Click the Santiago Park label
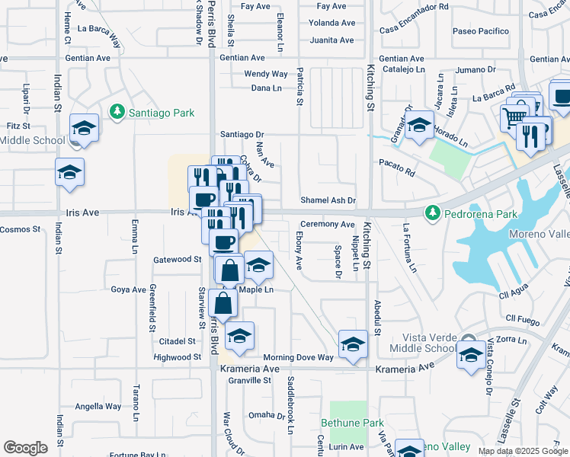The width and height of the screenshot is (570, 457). click(161, 113)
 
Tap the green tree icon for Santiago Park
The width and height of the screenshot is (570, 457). click(117, 113)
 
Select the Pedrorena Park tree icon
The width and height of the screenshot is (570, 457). click(433, 211)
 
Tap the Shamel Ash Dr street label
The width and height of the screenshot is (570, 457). click(328, 200)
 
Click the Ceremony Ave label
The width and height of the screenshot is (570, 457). click(327, 225)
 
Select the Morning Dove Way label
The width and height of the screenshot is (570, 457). click(298, 357)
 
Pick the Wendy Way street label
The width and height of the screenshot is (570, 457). click(265, 74)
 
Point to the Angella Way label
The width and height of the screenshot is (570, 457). click(98, 406)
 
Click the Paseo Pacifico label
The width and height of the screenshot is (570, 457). click(480, 31)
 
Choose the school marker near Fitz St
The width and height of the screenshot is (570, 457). click(85, 126)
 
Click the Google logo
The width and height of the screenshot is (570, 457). click(25, 448)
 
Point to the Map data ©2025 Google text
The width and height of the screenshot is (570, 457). click(523, 451)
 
